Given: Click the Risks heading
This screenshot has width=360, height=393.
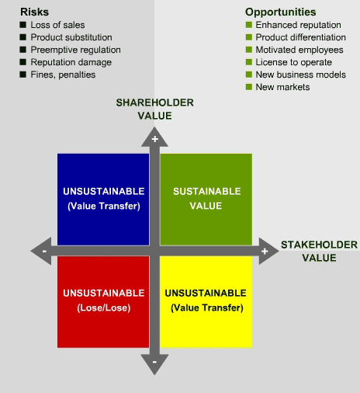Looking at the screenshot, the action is click(34, 12).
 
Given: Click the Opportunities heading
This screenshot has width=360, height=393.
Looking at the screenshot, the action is click(281, 12).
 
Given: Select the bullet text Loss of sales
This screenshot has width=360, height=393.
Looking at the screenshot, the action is click(57, 25).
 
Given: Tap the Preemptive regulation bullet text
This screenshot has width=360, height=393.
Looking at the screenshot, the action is click(76, 50).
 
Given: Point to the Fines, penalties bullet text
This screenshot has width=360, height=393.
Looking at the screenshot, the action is click(63, 75).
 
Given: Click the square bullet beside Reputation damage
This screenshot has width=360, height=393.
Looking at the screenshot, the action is click(23, 62).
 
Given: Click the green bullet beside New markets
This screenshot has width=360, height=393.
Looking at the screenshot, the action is click(249, 87).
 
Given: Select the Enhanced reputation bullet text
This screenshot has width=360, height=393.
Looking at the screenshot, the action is click(298, 25).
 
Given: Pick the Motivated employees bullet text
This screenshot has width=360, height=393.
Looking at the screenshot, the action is click(299, 50).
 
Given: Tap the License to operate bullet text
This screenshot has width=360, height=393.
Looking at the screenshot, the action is click(294, 62).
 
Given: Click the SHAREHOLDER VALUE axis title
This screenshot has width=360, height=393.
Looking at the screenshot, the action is click(154, 109).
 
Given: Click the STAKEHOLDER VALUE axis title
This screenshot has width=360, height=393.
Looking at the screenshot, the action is click(319, 251).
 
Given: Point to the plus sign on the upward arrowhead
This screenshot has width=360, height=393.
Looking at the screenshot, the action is click(155, 139).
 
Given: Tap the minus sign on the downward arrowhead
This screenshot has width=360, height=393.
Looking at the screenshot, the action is click(154, 362).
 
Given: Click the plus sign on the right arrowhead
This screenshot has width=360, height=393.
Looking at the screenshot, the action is click(265, 251).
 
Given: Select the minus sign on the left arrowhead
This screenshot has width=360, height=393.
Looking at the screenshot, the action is click(44, 251).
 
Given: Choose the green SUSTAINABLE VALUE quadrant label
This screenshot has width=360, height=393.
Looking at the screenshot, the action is click(206, 199).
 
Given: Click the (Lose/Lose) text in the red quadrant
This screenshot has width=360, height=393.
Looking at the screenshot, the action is click(104, 308).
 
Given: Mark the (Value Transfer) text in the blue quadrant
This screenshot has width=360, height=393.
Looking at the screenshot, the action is click(104, 206).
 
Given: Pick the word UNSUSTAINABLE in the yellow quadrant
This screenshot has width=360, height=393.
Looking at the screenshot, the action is click(206, 293).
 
